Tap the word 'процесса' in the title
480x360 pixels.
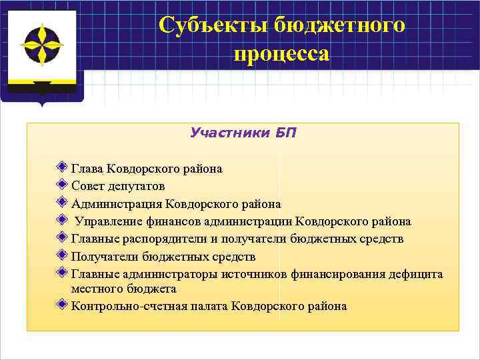281,53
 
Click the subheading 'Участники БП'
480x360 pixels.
243,132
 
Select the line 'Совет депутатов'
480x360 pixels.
118,186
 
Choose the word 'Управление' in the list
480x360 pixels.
107,221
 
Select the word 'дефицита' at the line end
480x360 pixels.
415,274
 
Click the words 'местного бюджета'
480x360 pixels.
123,289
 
